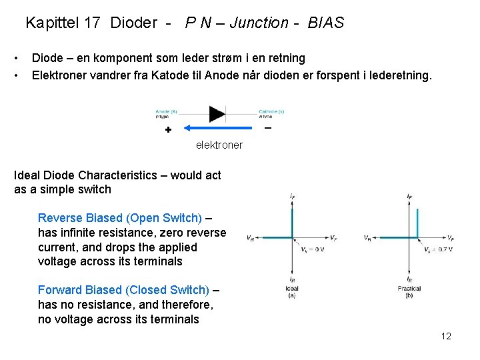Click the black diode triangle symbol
coord(217,113)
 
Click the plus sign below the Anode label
coord(168,129)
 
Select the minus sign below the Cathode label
coord(268,127)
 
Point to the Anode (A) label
coord(166,111)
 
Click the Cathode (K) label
coord(271,111)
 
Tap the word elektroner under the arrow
coord(219,145)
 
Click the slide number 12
coord(446,336)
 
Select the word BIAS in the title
coord(326,23)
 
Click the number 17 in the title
coord(92,23)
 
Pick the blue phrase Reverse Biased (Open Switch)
coord(120,218)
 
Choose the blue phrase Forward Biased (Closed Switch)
coord(123,290)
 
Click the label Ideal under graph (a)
coord(292,289)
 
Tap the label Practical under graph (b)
coord(409,289)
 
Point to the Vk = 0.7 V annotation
coord(438,249)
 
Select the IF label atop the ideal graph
coord(293,196)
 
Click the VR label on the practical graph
coord(368,238)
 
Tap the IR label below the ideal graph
coord(292,280)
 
